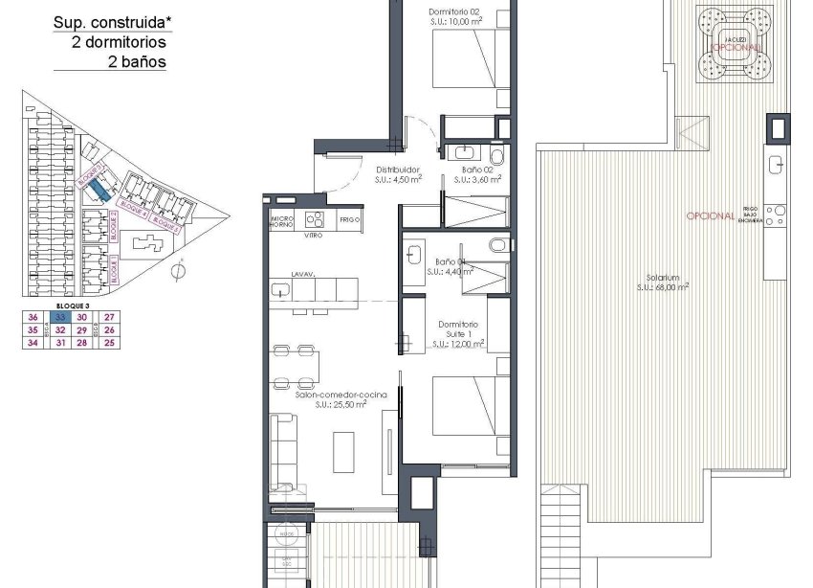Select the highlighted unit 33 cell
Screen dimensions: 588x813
[x=59, y=317]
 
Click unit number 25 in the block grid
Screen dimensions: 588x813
[x=109, y=342]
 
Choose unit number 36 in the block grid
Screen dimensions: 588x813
[x=33, y=317]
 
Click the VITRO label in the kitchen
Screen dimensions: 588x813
[x=313, y=235]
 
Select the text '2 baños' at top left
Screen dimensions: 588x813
[x=138, y=62]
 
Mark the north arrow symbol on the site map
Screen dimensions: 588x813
[x=178, y=272]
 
